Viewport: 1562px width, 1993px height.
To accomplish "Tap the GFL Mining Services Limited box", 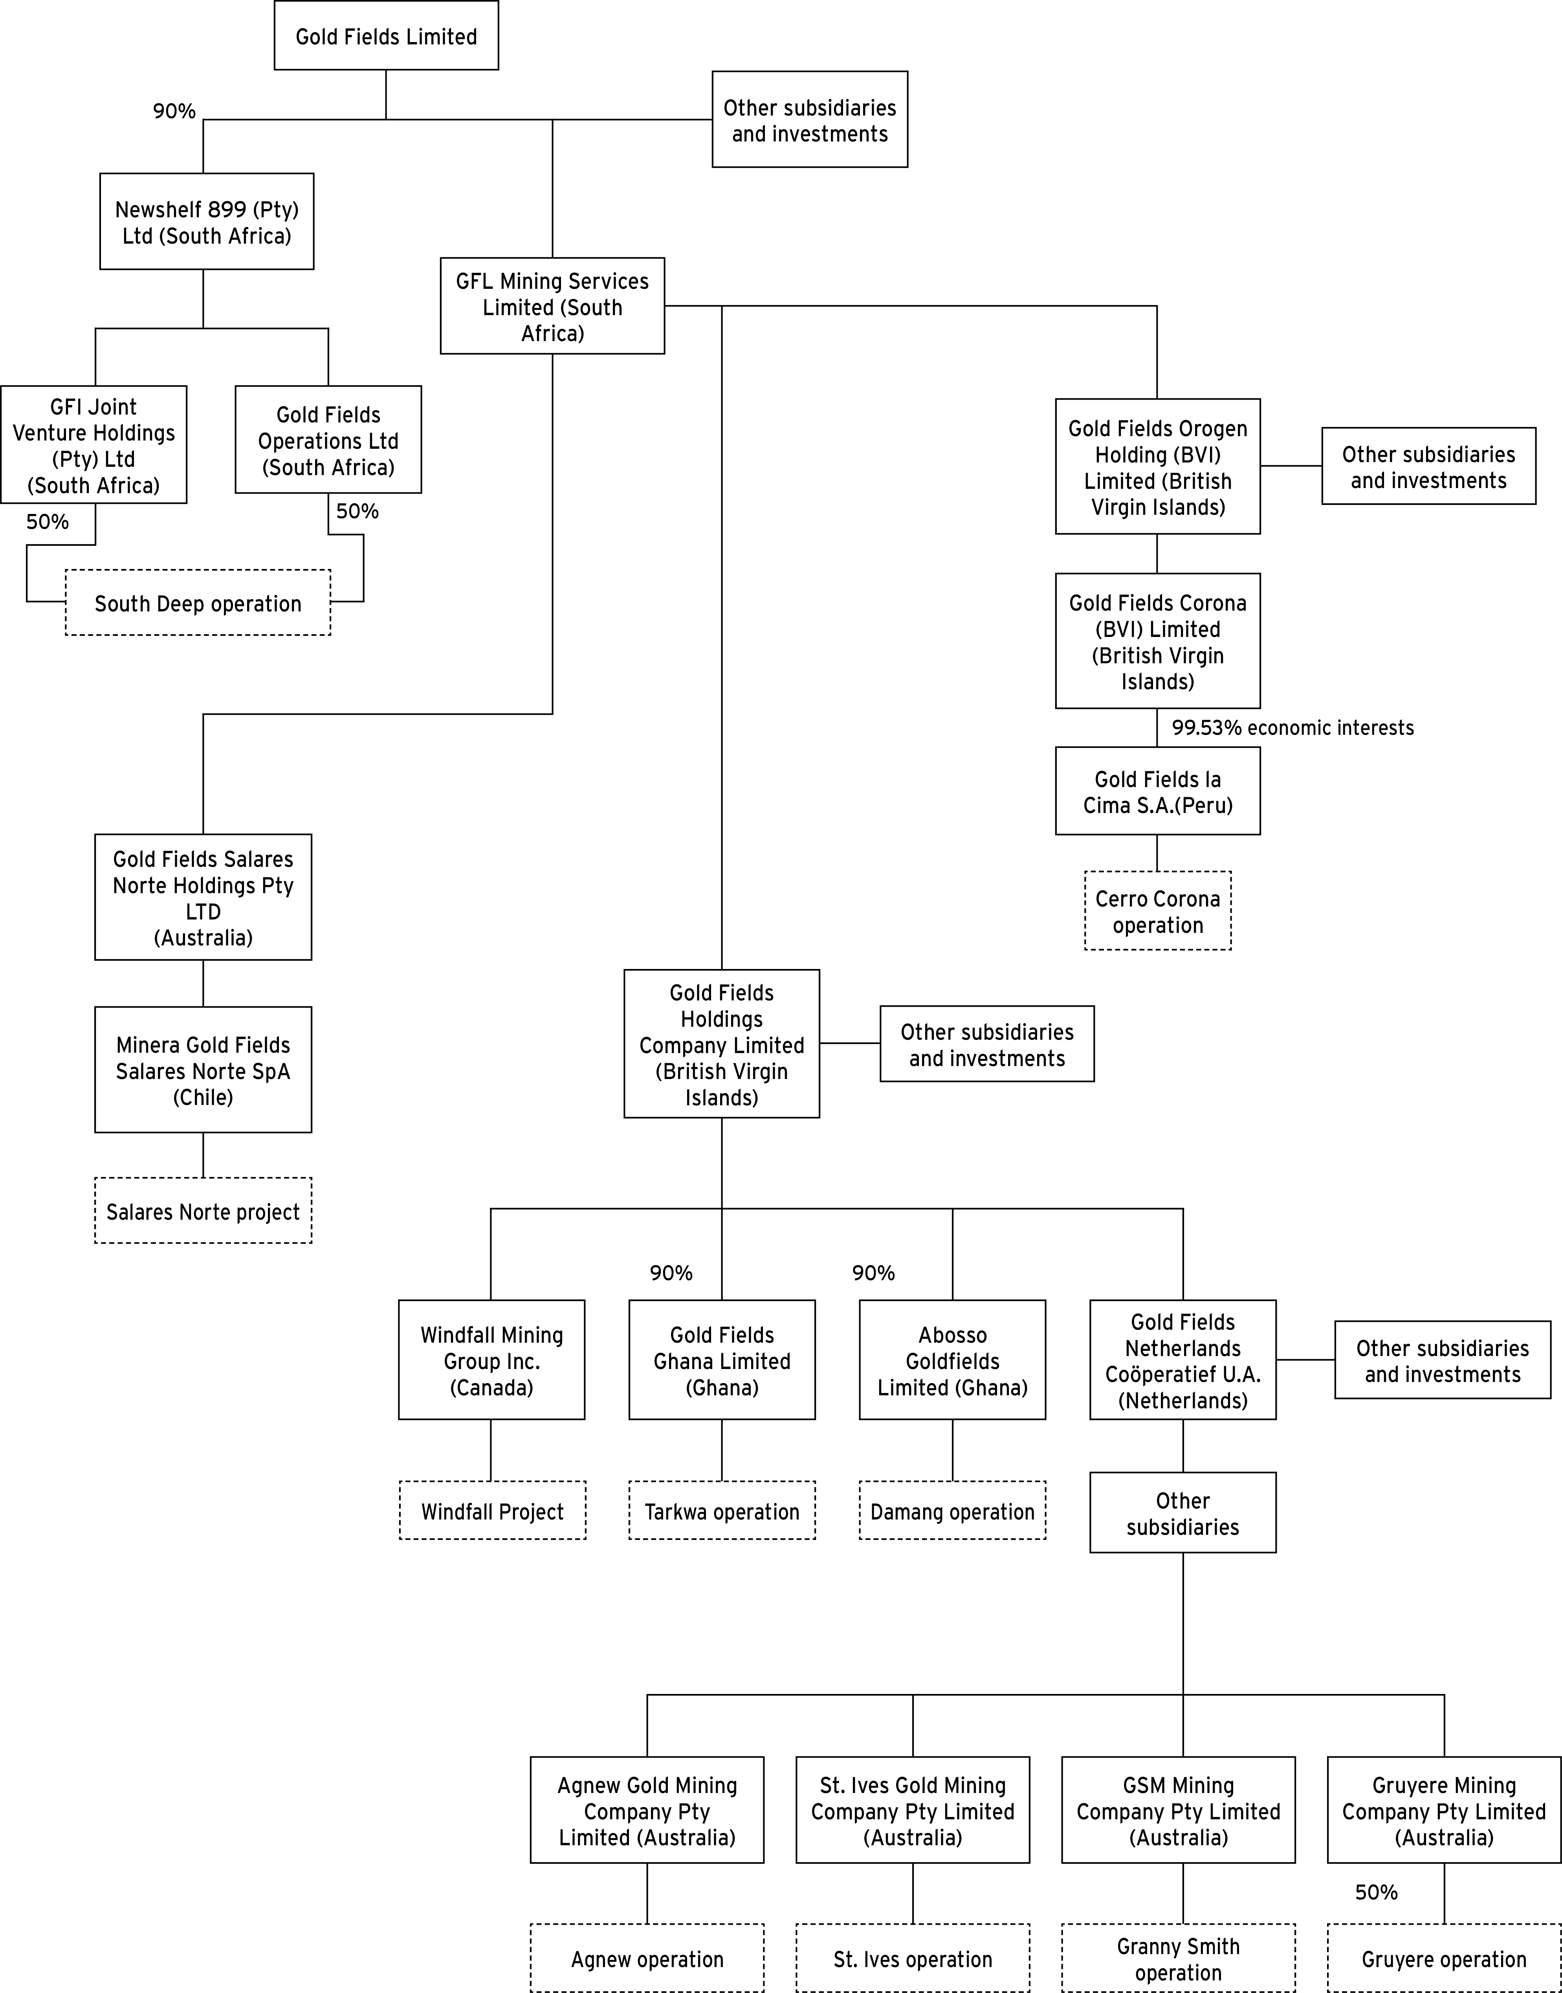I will coord(552,306).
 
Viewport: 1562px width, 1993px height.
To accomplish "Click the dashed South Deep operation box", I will coord(198,604).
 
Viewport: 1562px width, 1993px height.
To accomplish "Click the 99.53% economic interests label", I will coord(1292,728).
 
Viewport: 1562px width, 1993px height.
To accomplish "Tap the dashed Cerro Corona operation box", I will coord(1158,911).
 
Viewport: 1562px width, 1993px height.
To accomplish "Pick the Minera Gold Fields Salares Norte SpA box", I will coord(203,1070).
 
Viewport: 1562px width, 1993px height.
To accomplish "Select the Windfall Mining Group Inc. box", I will coord(492,1360).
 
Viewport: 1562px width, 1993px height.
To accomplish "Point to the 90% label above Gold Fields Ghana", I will coord(671,1273).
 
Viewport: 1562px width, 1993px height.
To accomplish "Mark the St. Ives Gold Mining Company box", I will coord(913,1811).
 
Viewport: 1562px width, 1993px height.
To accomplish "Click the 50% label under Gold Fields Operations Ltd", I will coord(357,511).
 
